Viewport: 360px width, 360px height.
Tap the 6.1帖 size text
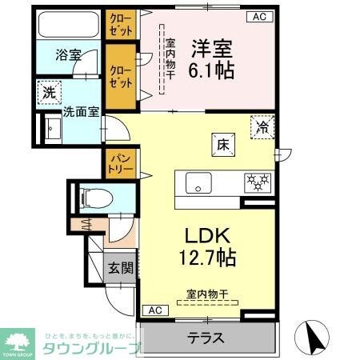pyautogui.click(x=211, y=70)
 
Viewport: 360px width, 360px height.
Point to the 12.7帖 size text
pyautogui.click(x=208, y=258)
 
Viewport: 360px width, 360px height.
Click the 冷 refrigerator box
pyautogui.click(x=262, y=126)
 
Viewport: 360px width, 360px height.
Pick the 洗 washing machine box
pyautogui.click(x=48, y=92)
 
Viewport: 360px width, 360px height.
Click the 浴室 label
pyautogui.click(x=67, y=56)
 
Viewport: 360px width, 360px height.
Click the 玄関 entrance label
pyautogui.click(x=120, y=267)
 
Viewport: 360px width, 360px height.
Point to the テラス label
pyautogui.click(x=206, y=336)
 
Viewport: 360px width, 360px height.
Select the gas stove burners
pyautogui.click(x=257, y=182)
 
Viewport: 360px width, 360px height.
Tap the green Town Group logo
pyautogui.click(x=18, y=340)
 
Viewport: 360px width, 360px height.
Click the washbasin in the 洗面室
pyautogui.click(x=53, y=128)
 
